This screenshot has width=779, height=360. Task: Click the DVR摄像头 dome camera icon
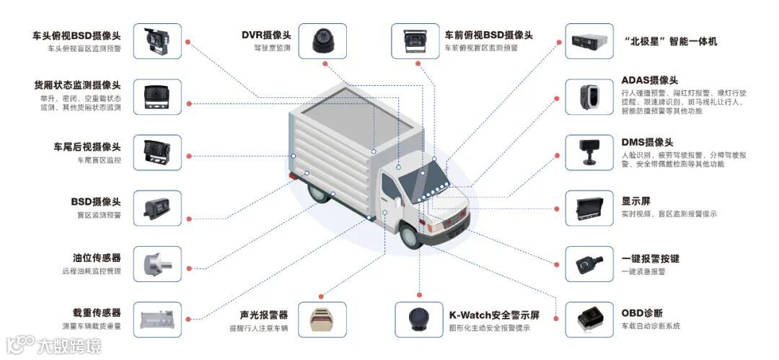[x=322, y=40]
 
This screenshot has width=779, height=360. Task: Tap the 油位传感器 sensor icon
[x=157, y=264]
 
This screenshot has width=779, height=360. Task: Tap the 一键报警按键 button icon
[x=589, y=264]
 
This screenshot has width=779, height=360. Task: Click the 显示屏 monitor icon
[x=589, y=208]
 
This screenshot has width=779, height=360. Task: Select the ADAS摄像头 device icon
[x=589, y=97]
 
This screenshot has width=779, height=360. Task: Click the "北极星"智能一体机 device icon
[x=589, y=41]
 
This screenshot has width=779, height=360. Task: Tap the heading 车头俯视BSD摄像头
[x=76, y=35]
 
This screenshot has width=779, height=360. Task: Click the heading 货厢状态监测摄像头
[x=77, y=84]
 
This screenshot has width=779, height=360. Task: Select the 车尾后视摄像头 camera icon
[x=157, y=152]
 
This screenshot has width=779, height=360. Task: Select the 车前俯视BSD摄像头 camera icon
[x=415, y=41]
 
